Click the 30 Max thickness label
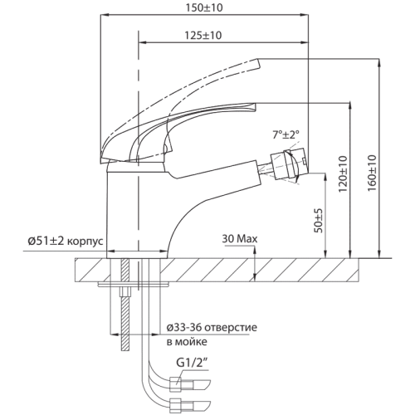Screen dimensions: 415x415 point(241,238)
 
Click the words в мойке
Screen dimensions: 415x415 point(187,341)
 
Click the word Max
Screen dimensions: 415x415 point(248,238)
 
